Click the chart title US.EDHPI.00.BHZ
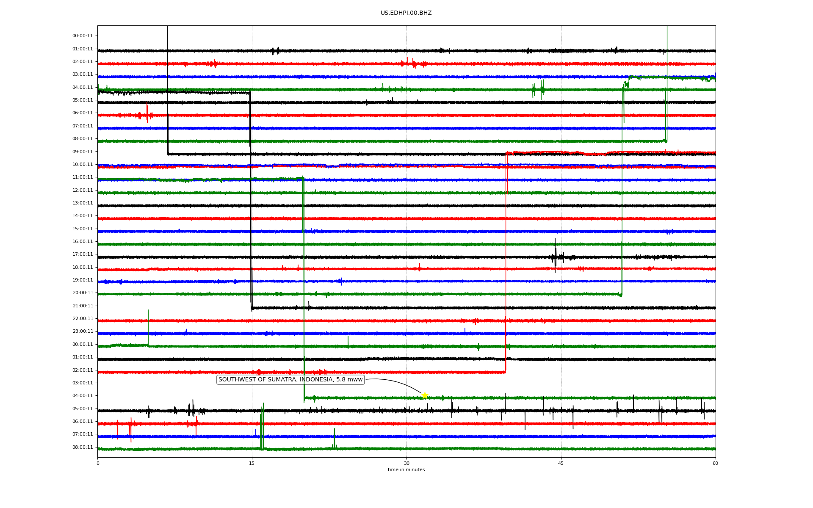[406, 13]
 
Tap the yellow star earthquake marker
[425, 395]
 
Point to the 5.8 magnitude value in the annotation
[341, 380]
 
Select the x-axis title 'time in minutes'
[406, 470]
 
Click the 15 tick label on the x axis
[252, 463]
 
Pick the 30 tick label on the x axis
[406, 463]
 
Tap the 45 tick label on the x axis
[561, 463]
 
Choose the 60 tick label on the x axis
[715, 463]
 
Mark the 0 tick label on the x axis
[98, 463]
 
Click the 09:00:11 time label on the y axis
[83, 152]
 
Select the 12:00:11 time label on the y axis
[83, 190]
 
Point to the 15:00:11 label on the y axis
[83, 229]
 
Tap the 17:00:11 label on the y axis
[83, 254]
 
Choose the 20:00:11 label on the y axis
[83, 293]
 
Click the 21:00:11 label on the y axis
[83, 306]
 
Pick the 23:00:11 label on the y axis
[83, 331]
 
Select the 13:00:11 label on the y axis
[83, 203]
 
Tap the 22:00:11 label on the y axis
[83, 319]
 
